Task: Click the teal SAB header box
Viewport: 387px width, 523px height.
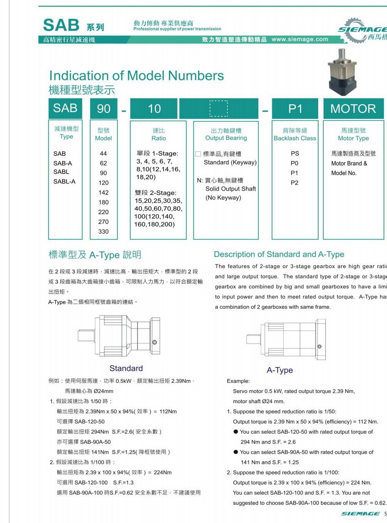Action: pyautogui.click(x=65, y=108)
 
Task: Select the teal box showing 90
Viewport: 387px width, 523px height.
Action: pyautogui.click(x=104, y=108)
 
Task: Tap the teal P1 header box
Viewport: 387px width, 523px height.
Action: pyautogui.click(x=295, y=108)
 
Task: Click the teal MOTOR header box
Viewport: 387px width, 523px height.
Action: pyautogui.click(x=353, y=108)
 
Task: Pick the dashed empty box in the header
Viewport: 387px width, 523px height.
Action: pyautogui.click(x=218, y=108)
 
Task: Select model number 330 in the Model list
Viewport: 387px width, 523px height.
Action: pyautogui.click(x=103, y=231)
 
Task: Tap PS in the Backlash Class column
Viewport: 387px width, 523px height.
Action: pyautogui.click(x=295, y=153)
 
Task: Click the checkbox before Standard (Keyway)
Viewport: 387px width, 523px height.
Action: pyautogui.click(x=198, y=154)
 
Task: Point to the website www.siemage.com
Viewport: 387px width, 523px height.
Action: pyautogui.click(x=300, y=39)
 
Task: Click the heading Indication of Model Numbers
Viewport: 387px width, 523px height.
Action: pyautogui.click(x=137, y=75)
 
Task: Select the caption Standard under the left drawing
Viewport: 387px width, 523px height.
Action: pyautogui.click(x=126, y=368)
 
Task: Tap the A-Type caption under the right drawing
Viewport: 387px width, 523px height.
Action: pyautogui.click(x=280, y=370)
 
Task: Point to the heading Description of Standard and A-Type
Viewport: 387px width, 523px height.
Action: pyautogui.click(x=279, y=254)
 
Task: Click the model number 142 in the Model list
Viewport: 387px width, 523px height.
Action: pyautogui.click(x=103, y=192)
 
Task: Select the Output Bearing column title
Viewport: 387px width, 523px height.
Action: pyautogui.click(x=226, y=138)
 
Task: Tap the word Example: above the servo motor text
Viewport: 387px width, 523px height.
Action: pyautogui.click(x=238, y=381)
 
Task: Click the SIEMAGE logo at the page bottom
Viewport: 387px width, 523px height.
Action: pyautogui.click(x=360, y=513)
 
